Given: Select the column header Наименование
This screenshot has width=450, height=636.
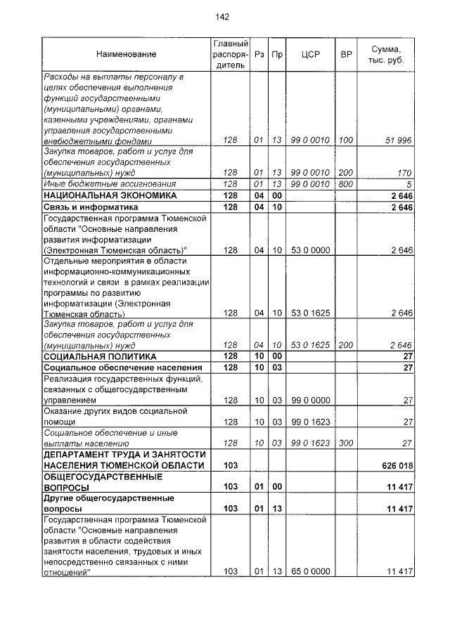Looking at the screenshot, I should pos(127,54).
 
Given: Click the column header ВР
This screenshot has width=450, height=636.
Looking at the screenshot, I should pos(346,54).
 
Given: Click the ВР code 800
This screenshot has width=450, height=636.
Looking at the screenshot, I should pos(346,184).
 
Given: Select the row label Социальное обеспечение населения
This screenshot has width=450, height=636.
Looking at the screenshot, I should pos(114,368).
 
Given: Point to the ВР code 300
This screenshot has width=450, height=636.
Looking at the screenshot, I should pos(346,443).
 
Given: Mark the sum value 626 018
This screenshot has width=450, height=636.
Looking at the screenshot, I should pos(394,465).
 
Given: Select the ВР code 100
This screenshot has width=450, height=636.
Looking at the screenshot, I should pos(346,141).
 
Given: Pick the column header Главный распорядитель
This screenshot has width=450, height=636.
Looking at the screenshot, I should pos(231,54).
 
